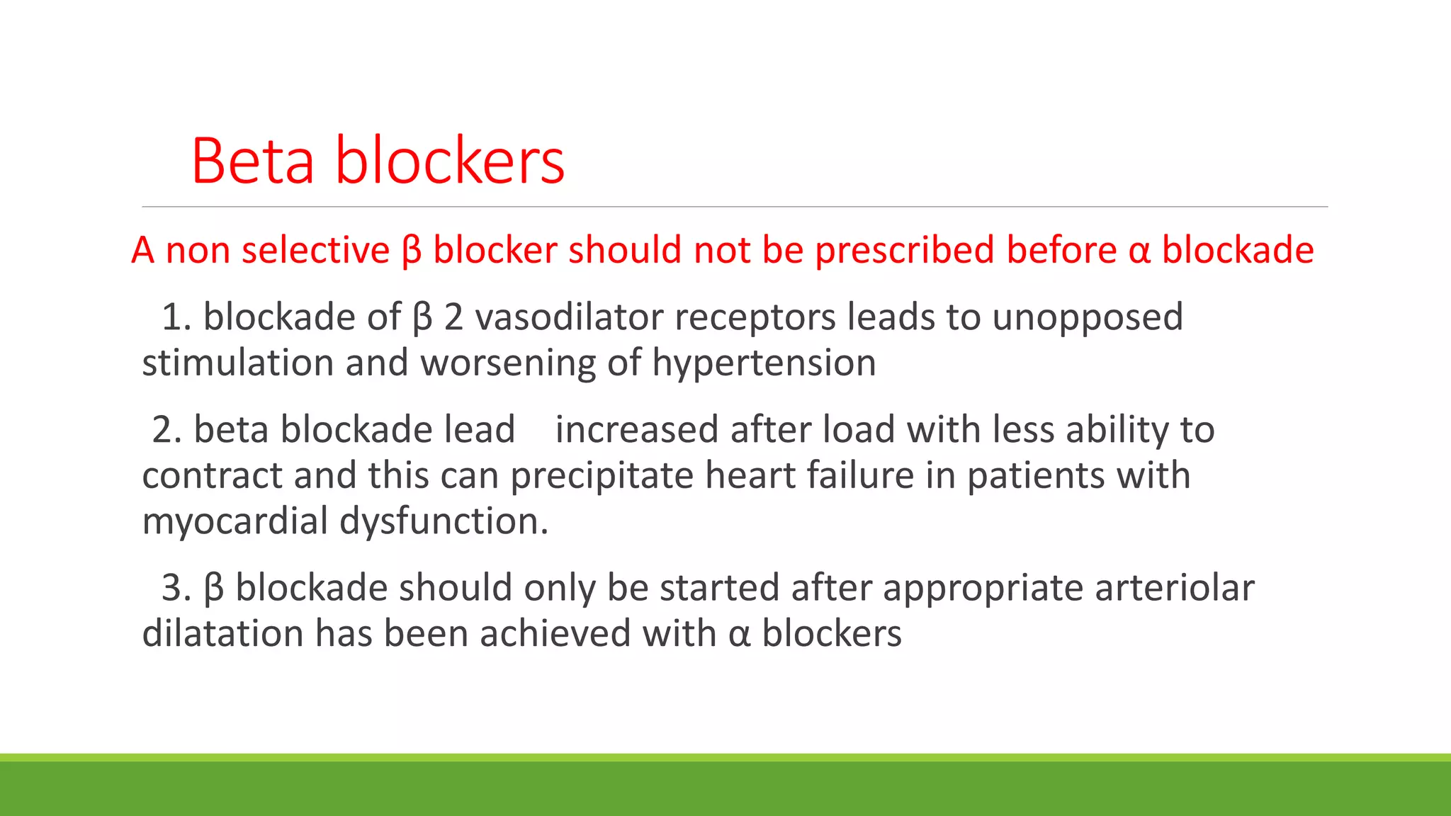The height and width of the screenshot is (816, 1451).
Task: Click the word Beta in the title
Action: coord(253,161)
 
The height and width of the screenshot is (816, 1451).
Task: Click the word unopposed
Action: coord(1087,318)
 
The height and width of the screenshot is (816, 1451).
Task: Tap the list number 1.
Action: coord(174,317)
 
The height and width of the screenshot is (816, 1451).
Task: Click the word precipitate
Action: coord(602,476)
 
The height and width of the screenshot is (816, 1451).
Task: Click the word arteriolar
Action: coord(1174,589)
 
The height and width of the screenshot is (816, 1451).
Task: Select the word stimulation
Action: coord(237,363)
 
